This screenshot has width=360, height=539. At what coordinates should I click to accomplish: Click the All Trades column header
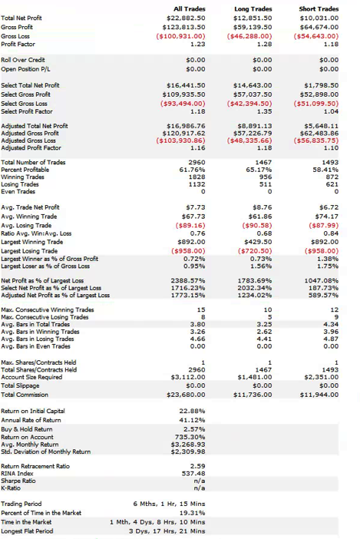pyautogui.click(x=190, y=9)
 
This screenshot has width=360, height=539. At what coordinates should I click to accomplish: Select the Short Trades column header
pyautogui.click(x=319, y=9)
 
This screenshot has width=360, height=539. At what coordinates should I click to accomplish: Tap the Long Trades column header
pyautogui.click(x=253, y=9)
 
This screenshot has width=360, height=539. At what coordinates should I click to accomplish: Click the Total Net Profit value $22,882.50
pyautogui.click(x=186, y=18)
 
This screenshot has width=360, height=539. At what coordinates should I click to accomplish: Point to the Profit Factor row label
pyautogui.click(x=18, y=44)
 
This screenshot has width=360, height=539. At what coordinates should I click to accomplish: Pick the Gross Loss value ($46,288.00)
pyautogui.click(x=249, y=36)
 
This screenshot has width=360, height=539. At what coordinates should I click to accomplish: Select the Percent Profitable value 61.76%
pyautogui.click(x=192, y=170)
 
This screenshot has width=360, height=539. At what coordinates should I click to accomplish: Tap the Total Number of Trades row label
pyautogui.click(x=33, y=162)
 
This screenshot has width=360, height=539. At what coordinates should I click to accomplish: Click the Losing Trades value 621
pyautogui.click(x=332, y=184)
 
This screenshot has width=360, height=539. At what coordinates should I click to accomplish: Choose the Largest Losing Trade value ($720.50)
pyautogui.click(x=255, y=251)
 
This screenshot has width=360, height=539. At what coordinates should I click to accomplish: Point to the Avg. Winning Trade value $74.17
pyautogui.click(x=327, y=217)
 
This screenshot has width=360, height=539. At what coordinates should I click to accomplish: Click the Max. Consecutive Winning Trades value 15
pyautogui.click(x=201, y=309)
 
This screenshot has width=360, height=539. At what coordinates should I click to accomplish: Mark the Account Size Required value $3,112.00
pyautogui.click(x=188, y=377)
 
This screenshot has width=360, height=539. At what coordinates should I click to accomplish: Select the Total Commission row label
pyautogui.click(x=25, y=395)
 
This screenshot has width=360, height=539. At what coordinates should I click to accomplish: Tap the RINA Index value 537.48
pyautogui.click(x=193, y=474)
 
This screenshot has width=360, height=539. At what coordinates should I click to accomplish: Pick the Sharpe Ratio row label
pyautogui.click(x=18, y=481)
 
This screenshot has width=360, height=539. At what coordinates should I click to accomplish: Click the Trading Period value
pyautogui.click(x=169, y=504)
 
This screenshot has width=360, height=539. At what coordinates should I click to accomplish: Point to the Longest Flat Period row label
pyautogui.click(x=27, y=531)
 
